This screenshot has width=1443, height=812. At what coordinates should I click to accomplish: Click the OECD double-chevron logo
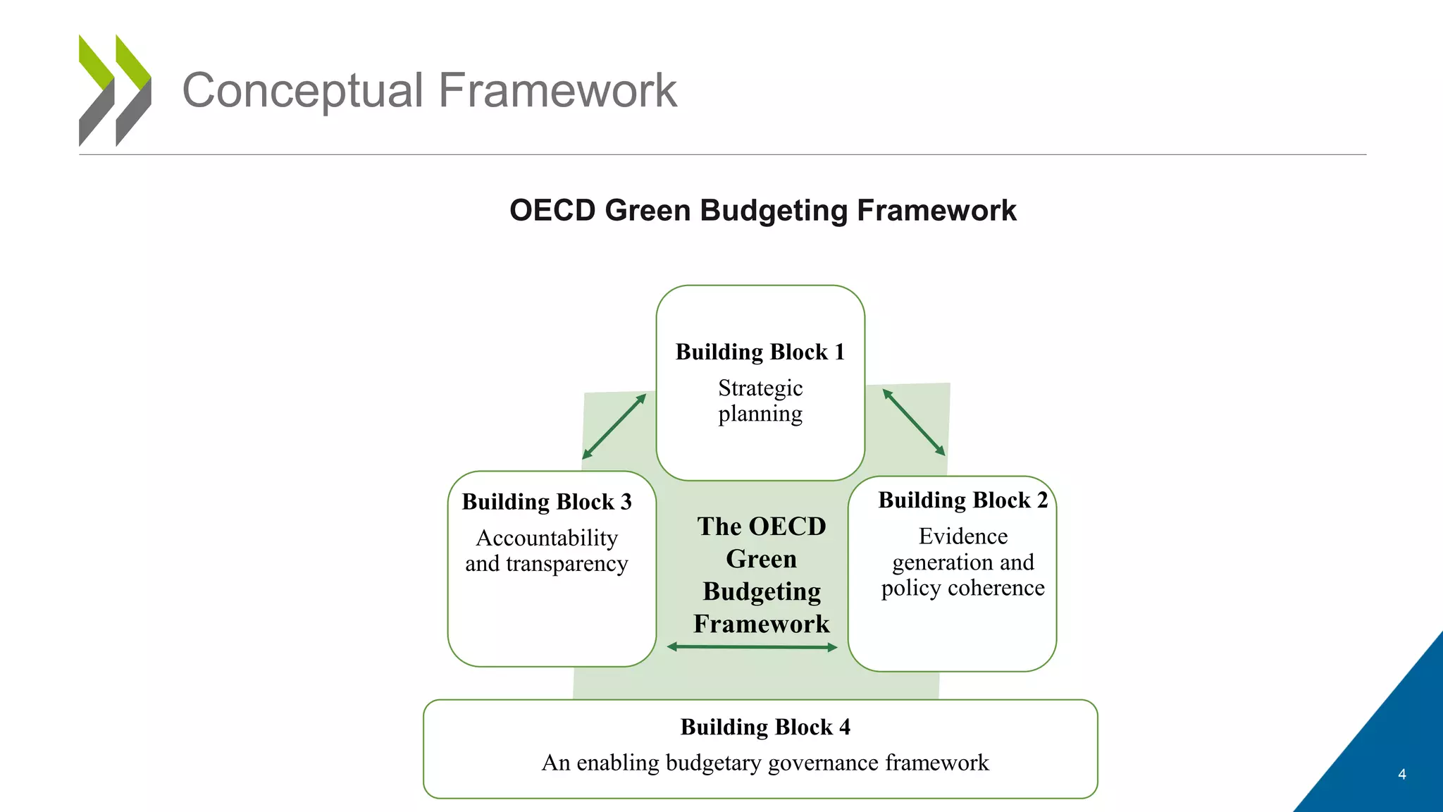pyautogui.click(x=115, y=90)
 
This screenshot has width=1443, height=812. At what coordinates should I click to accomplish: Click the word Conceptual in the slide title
pyautogui.click(x=302, y=90)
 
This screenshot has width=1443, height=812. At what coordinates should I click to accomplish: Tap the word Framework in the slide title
pyautogui.click(x=557, y=90)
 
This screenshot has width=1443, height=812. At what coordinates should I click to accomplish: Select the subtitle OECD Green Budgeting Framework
pyautogui.click(x=762, y=211)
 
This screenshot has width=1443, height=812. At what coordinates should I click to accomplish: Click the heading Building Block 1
pyautogui.click(x=760, y=352)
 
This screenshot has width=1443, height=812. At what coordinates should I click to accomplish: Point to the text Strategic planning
pyautogui.click(x=760, y=400)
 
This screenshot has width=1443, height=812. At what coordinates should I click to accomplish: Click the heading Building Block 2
pyautogui.click(x=962, y=500)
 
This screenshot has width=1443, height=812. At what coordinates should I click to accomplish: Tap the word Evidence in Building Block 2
pyautogui.click(x=962, y=536)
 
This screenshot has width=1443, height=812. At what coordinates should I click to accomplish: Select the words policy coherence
pyautogui.click(x=962, y=588)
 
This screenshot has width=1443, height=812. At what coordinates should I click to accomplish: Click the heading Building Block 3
pyautogui.click(x=547, y=502)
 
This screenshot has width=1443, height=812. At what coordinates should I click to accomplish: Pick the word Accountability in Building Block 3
pyautogui.click(x=547, y=538)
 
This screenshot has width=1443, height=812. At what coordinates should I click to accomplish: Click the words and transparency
pyautogui.click(x=547, y=564)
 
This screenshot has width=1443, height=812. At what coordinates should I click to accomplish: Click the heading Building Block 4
pyautogui.click(x=765, y=727)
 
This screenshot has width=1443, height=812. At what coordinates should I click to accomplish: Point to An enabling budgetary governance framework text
pyautogui.click(x=765, y=763)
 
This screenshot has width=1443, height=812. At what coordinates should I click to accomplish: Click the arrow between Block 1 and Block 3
pyautogui.click(x=614, y=426)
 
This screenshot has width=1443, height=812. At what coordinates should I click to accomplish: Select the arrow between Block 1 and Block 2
pyautogui.click(x=914, y=422)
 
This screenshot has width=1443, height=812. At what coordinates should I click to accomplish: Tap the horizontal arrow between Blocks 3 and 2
pyautogui.click(x=752, y=646)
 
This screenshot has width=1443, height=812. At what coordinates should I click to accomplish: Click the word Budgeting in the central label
pyautogui.click(x=762, y=591)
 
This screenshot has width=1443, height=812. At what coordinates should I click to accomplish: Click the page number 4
pyautogui.click(x=1401, y=774)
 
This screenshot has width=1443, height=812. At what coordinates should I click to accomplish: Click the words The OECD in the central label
pyautogui.click(x=762, y=527)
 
